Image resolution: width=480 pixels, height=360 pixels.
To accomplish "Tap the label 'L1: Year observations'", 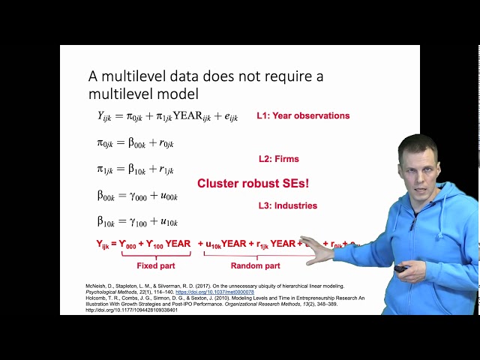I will coord(303,116).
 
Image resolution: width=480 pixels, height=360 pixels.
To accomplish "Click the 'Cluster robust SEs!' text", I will coord(253,183).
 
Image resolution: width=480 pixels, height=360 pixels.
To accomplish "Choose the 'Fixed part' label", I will coord(156,265).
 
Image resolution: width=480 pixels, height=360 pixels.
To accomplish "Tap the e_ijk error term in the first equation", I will coord(228,118).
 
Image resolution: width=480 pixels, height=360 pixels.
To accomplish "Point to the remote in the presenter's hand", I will coord(400,268).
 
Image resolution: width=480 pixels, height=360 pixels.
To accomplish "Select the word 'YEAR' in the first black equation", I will coord(179,116).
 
